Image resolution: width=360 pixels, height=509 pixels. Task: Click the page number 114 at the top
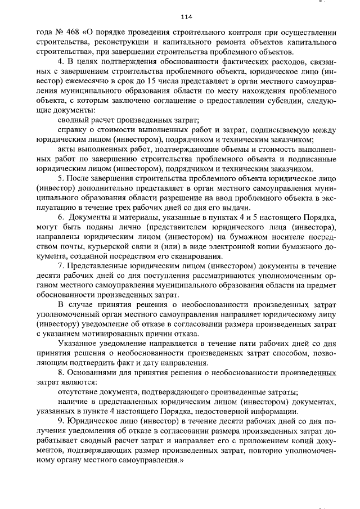coord(179,16)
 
